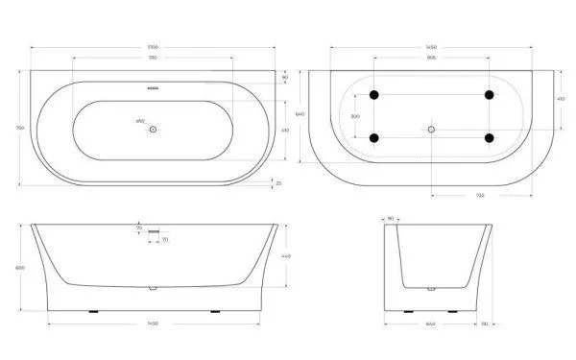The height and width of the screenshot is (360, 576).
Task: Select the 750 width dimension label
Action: click(x=21, y=128)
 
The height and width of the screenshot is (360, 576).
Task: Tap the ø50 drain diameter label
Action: click(x=140, y=121)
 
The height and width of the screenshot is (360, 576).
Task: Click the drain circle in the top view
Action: click(x=153, y=128)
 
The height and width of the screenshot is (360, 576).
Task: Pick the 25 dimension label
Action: click(x=278, y=181)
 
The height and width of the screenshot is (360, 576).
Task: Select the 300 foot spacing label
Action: click(x=354, y=116)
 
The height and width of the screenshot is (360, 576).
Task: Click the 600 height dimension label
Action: click(x=21, y=267)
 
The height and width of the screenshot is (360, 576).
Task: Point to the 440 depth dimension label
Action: click(x=285, y=256)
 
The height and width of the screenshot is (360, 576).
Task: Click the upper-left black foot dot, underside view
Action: click(x=373, y=94)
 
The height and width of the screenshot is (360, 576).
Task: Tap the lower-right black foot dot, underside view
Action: click(x=490, y=138)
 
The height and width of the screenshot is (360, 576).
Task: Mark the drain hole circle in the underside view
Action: click(x=431, y=128)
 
